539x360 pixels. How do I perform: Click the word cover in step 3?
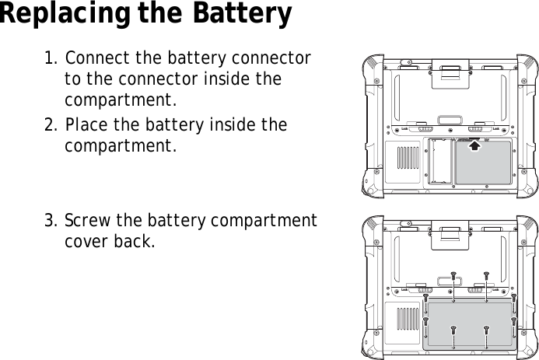[x=87, y=241]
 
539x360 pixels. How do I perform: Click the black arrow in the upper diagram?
[x=474, y=144]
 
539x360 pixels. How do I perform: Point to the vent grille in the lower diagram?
[x=407, y=319]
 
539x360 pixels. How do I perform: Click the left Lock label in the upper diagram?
[x=404, y=128]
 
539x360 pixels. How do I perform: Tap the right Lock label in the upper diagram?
[x=495, y=128]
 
